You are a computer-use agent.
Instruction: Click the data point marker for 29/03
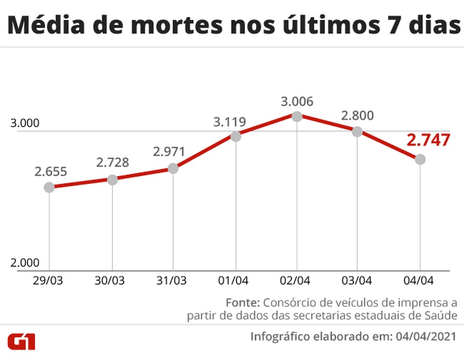click(x=49, y=187)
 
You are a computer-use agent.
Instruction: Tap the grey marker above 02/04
click(x=297, y=116)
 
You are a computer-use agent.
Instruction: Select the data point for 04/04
click(x=420, y=159)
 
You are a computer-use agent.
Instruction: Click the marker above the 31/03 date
click(x=173, y=168)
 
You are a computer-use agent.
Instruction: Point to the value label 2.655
click(x=50, y=172)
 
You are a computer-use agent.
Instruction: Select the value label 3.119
click(x=230, y=122)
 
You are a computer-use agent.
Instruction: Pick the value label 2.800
click(x=357, y=115)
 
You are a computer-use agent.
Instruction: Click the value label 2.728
click(x=113, y=163)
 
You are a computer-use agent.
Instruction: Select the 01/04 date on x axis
click(x=235, y=280)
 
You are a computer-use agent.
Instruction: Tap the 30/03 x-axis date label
click(x=110, y=280)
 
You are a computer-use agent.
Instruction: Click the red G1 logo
click(x=21, y=342)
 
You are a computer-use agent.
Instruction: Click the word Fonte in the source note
click(x=242, y=302)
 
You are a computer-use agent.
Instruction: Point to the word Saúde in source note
click(x=444, y=316)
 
